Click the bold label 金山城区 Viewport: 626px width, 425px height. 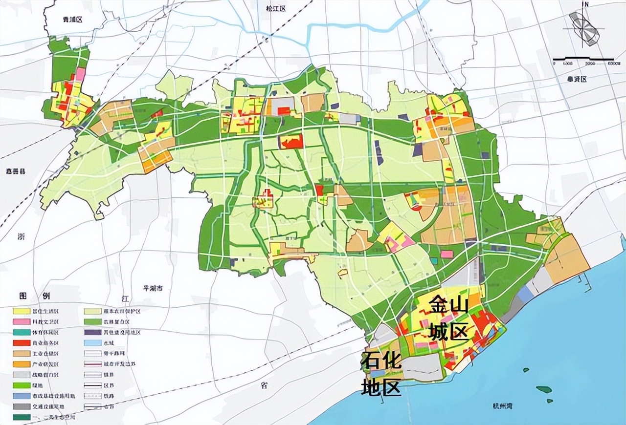pos(449,319)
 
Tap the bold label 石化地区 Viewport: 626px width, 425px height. pos(381,374)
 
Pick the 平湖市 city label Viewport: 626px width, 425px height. pos(151,289)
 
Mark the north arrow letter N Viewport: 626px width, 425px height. pos(586,5)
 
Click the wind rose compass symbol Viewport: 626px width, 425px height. pos(585,28)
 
